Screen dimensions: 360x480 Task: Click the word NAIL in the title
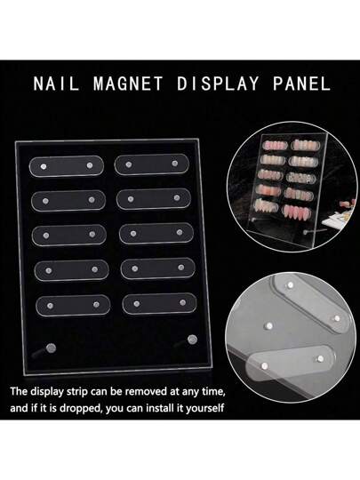tap(56, 84)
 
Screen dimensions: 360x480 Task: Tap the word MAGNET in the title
tap(128, 84)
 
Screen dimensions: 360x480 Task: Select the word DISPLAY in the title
tap(218, 84)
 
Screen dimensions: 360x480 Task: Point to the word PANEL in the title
tap(301, 84)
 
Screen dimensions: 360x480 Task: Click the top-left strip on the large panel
tap(67, 166)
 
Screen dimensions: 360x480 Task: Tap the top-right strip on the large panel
tap(152, 164)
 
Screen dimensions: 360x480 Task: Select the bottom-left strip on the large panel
tap(73, 305)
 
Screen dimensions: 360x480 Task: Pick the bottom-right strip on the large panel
tap(159, 303)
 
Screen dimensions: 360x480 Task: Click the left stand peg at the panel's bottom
tap(44, 351)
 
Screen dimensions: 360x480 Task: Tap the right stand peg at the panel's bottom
tap(186, 341)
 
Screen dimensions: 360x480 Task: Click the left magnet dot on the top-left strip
tap(44, 167)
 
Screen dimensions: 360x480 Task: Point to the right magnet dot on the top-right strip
tap(175, 164)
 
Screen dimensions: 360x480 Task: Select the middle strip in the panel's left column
tap(69, 235)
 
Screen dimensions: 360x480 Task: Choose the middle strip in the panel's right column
tap(156, 233)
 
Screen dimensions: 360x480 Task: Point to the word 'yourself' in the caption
tap(205, 408)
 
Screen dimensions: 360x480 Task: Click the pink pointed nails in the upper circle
tap(297, 211)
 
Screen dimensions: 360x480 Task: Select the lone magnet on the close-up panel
tap(269, 325)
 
